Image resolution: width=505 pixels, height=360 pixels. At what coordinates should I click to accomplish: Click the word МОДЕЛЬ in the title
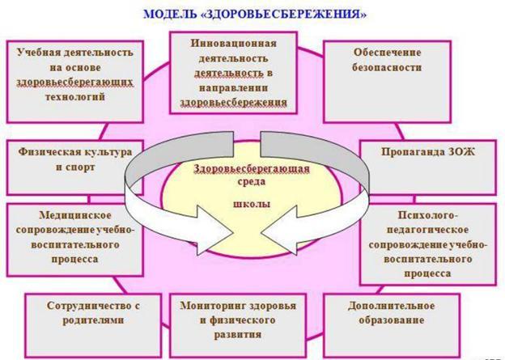[x=170, y=15]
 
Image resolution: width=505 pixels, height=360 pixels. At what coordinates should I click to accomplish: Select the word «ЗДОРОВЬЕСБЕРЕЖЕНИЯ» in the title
[x=284, y=15]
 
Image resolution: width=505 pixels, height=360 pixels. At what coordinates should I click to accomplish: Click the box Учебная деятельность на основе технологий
[x=75, y=82]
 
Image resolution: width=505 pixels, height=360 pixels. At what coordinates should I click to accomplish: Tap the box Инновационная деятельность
[x=233, y=73]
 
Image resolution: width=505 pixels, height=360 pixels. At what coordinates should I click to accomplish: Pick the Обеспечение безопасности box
[x=387, y=82]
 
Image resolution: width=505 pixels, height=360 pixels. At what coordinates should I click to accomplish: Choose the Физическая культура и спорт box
[x=75, y=167]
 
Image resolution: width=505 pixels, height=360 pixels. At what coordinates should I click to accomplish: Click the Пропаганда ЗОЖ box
[x=428, y=167]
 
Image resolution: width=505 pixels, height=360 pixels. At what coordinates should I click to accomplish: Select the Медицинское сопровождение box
[x=75, y=240]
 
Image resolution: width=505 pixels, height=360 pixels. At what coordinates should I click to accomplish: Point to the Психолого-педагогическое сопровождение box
[x=428, y=244]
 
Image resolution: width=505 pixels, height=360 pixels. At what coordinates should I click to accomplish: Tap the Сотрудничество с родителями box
[x=93, y=325]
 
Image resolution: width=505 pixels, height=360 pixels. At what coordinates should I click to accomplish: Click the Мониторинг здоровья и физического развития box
[x=238, y=325]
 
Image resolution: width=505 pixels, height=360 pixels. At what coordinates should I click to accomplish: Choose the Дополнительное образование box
[x=392, y=325]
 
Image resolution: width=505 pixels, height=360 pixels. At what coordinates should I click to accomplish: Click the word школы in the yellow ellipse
[x=252, y=204]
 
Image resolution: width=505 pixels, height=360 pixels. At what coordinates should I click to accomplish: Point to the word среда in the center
[x=252, y=181]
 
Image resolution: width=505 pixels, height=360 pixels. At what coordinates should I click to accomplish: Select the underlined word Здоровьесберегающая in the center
[x=252, y=169]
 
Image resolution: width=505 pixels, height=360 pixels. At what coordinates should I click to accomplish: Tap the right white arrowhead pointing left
[x=279, y=231]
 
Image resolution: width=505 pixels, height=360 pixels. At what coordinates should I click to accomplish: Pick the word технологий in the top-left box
[x=75, y=96]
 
